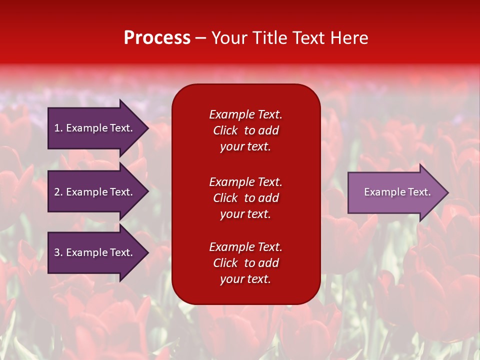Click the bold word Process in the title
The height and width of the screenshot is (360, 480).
point(157,38)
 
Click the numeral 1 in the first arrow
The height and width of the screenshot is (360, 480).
point(57,128)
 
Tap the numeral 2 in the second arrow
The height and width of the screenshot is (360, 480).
point(57,192)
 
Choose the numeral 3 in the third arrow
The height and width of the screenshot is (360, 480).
point(57,252)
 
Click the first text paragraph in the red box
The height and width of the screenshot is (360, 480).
point(245,130)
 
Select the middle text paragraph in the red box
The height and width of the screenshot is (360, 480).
point(245,198)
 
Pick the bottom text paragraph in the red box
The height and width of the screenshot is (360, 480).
point(245,263)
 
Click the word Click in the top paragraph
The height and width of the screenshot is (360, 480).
point(225,130)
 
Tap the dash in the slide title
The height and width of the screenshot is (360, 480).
point(200,38)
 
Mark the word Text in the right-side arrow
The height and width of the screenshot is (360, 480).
point(420,192)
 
